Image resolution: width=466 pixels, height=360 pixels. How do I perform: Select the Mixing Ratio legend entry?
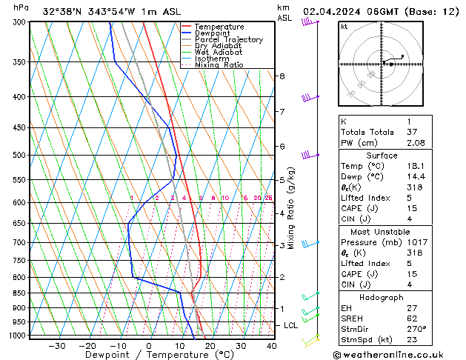click(217, 65)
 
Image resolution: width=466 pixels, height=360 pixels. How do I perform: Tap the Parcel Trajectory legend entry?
click(228, 39)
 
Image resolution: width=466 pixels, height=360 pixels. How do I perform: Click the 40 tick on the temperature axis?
click(271, 346)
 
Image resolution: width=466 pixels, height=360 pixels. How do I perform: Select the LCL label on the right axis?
click(291, 325)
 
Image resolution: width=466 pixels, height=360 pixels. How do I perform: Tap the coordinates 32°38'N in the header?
click(61, 11)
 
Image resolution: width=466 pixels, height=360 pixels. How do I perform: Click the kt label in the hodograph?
click(344, 26)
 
